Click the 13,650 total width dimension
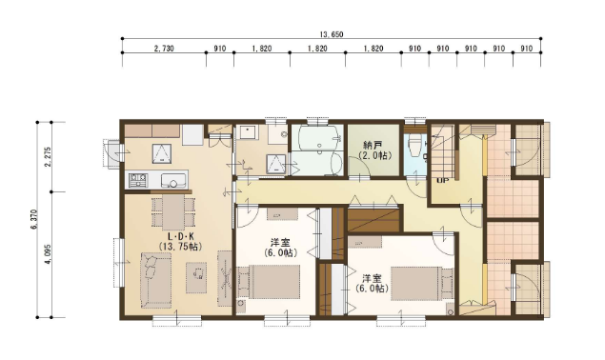pos(331,34)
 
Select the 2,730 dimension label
pos(164,49)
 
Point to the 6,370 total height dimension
pos(32,220)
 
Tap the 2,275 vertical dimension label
pos(48,156)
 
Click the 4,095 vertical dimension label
pos(48,254)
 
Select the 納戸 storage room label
pos(373,146)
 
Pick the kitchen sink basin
pos(173,180)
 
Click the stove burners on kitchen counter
pos(138,180)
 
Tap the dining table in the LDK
pos(172,212)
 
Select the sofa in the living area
pos(155,280)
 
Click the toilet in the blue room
pos(414,145)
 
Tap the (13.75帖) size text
pos(180,247)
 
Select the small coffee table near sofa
pos(196,277)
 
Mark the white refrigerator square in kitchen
pos(192,134)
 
